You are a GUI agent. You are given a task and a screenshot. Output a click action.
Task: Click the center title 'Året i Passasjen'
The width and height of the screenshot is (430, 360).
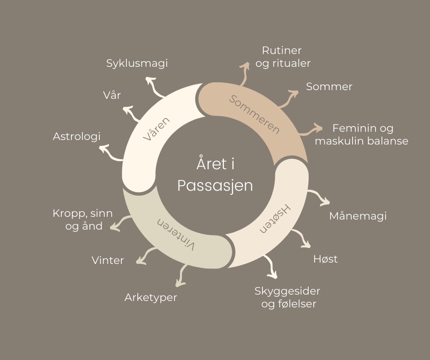[215, 175]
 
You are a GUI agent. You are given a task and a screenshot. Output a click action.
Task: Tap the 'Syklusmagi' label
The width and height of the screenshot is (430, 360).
[137, 63]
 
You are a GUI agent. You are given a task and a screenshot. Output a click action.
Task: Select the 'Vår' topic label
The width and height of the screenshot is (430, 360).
[112, 95]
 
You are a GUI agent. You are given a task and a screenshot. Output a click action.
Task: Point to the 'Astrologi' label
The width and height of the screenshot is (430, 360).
[76, 136]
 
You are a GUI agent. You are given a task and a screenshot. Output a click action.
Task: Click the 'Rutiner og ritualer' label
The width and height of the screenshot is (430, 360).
[283, 57]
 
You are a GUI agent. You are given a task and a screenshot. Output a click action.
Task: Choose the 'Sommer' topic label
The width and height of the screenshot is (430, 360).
[329, 86]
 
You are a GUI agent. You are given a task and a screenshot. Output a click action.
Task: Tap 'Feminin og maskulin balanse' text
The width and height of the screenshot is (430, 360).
[362, 134]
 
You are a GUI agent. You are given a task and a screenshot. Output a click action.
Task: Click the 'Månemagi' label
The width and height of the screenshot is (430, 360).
[358, 215]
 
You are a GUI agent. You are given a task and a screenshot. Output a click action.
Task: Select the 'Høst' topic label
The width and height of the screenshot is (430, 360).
[325, 259]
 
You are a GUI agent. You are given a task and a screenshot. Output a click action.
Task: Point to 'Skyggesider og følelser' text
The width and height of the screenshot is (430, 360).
[288, 297]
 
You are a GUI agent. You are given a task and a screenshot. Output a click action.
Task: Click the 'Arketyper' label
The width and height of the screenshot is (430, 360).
[151, 297]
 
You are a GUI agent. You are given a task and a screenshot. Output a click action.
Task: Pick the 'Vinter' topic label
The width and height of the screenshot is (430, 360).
[108, 260]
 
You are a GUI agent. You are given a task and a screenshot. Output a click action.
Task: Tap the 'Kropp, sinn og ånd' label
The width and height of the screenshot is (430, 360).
[83, 220]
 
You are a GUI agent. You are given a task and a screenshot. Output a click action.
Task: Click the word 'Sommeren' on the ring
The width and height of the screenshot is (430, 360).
[254, 114]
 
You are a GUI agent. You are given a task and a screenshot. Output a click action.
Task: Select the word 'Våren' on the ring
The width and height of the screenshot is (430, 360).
[157, 129]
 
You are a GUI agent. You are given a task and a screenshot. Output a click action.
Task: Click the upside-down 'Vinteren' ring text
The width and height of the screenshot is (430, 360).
[176, 233]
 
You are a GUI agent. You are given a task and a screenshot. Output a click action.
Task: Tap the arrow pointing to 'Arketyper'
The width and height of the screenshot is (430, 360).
[182, 274]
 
